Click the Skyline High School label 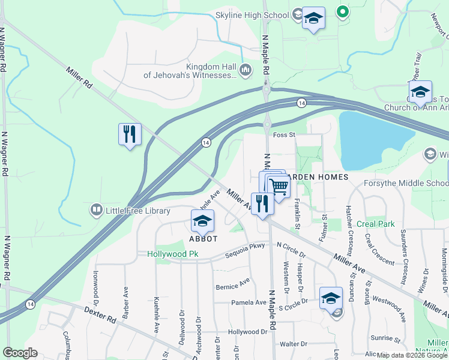[x=252, y=14]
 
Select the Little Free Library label [x=137, y=210]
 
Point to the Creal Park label [x=376, y=224]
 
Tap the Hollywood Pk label [x=172, y=254]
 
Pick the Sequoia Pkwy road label [x=245, y=254]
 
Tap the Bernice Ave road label [x=232, y=283]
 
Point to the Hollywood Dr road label [x=247, y=332]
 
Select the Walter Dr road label [x=293, y=344]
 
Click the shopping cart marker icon [x=279, y=187]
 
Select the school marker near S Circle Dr [x=331, y=298]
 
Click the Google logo [x=20, y=353]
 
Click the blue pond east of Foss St [x=372, y=138]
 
